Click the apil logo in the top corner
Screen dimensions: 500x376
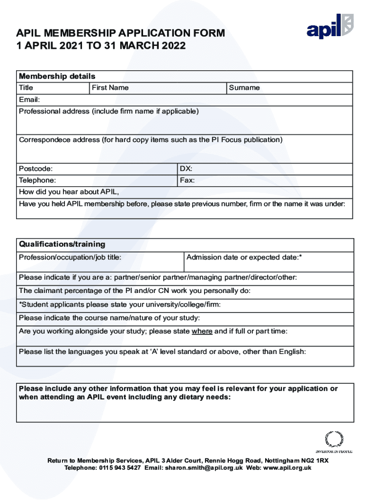coord(330,27)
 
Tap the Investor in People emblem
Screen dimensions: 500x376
coord(334,442)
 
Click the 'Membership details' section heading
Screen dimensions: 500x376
coord(57,77)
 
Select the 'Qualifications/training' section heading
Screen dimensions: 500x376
coord(62,244)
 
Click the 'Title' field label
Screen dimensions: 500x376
coord(26,88)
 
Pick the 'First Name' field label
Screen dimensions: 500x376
coord(110,88)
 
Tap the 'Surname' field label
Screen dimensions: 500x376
coord(244,88)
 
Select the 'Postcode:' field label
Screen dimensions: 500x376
coord(36,169)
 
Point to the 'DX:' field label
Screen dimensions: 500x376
coord(186,169)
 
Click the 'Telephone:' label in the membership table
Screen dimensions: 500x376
coord(37,181)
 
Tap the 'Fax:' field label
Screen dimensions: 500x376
coord(187,181)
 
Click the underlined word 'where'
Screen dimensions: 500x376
coord(202,332)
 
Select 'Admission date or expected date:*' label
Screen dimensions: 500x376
coord(244,257)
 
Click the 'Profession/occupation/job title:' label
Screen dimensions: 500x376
coord(70,257)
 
